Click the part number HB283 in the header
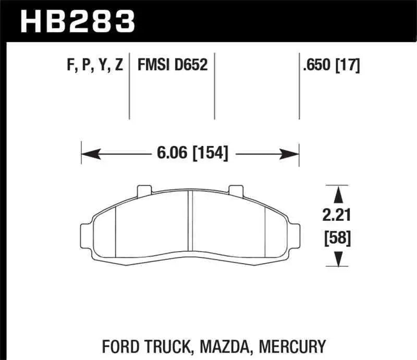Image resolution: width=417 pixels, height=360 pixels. [x=77, y=21]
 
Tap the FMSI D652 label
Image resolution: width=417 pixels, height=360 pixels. [x=173, y=65]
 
